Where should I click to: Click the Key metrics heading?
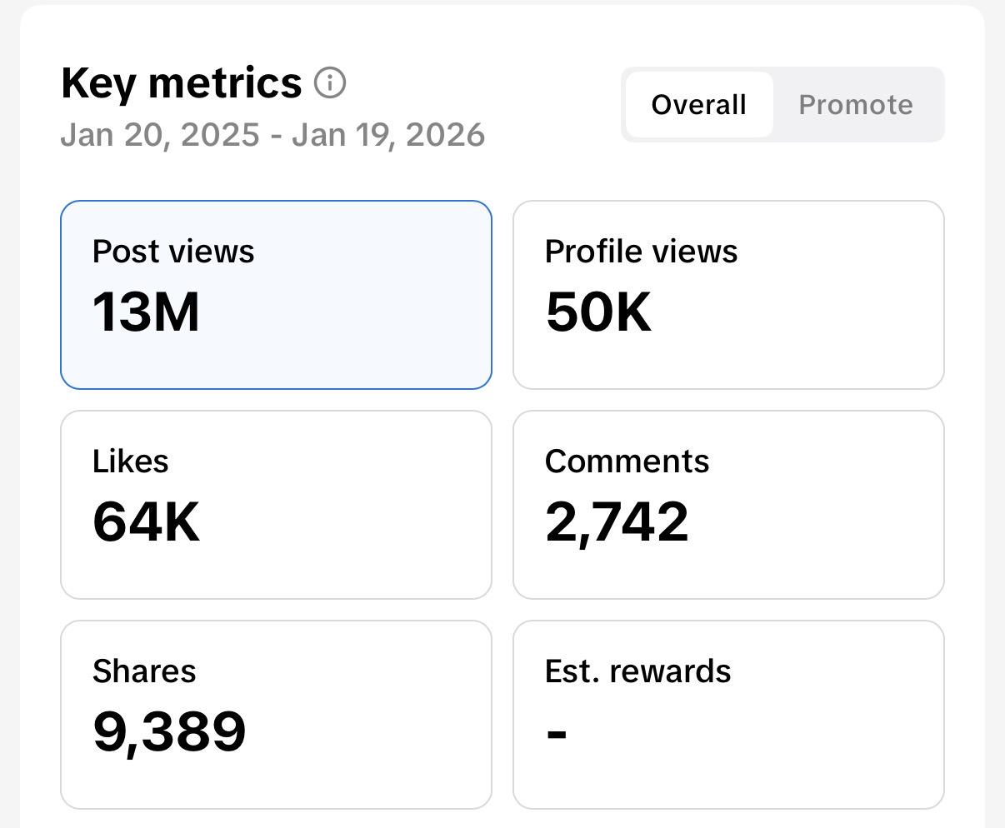point(181,83)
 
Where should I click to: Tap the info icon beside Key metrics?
point(330,83)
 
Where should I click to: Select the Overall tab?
point(698,105)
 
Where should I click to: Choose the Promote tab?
point(856,105)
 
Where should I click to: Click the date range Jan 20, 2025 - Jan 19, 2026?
point(272,135)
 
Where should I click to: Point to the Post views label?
point(173,252)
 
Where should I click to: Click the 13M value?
point(146,312)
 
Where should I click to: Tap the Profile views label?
point(641,252)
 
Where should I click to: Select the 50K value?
point(598,312)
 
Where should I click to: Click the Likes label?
point(131,461)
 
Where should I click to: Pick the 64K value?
point(146,522)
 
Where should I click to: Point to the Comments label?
point(627,461)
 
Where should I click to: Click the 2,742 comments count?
point(617,522)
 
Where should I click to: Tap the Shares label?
point(144,671)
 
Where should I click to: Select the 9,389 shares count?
point(169,732)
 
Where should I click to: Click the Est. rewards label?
point(637,671)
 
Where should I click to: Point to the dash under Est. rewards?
point(557,734)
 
